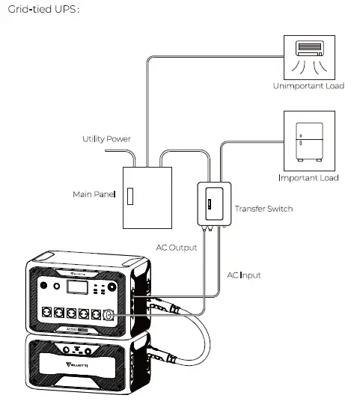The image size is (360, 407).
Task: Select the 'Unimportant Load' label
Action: point(308,86)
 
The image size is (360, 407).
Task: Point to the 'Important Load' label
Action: point(308,178)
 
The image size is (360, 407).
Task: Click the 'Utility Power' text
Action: point(106,140)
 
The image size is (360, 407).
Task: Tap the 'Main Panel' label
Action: point(93,195)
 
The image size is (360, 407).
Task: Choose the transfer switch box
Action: point(211,202)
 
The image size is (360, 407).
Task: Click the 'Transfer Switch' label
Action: point(263,209)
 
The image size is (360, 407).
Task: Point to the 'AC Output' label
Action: point(177,248)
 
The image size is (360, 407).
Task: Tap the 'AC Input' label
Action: point(244,275)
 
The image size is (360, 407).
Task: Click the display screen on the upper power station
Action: point(75,288)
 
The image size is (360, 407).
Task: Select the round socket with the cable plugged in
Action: point(108,315)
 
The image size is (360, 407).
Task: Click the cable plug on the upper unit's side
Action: point(159,305)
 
